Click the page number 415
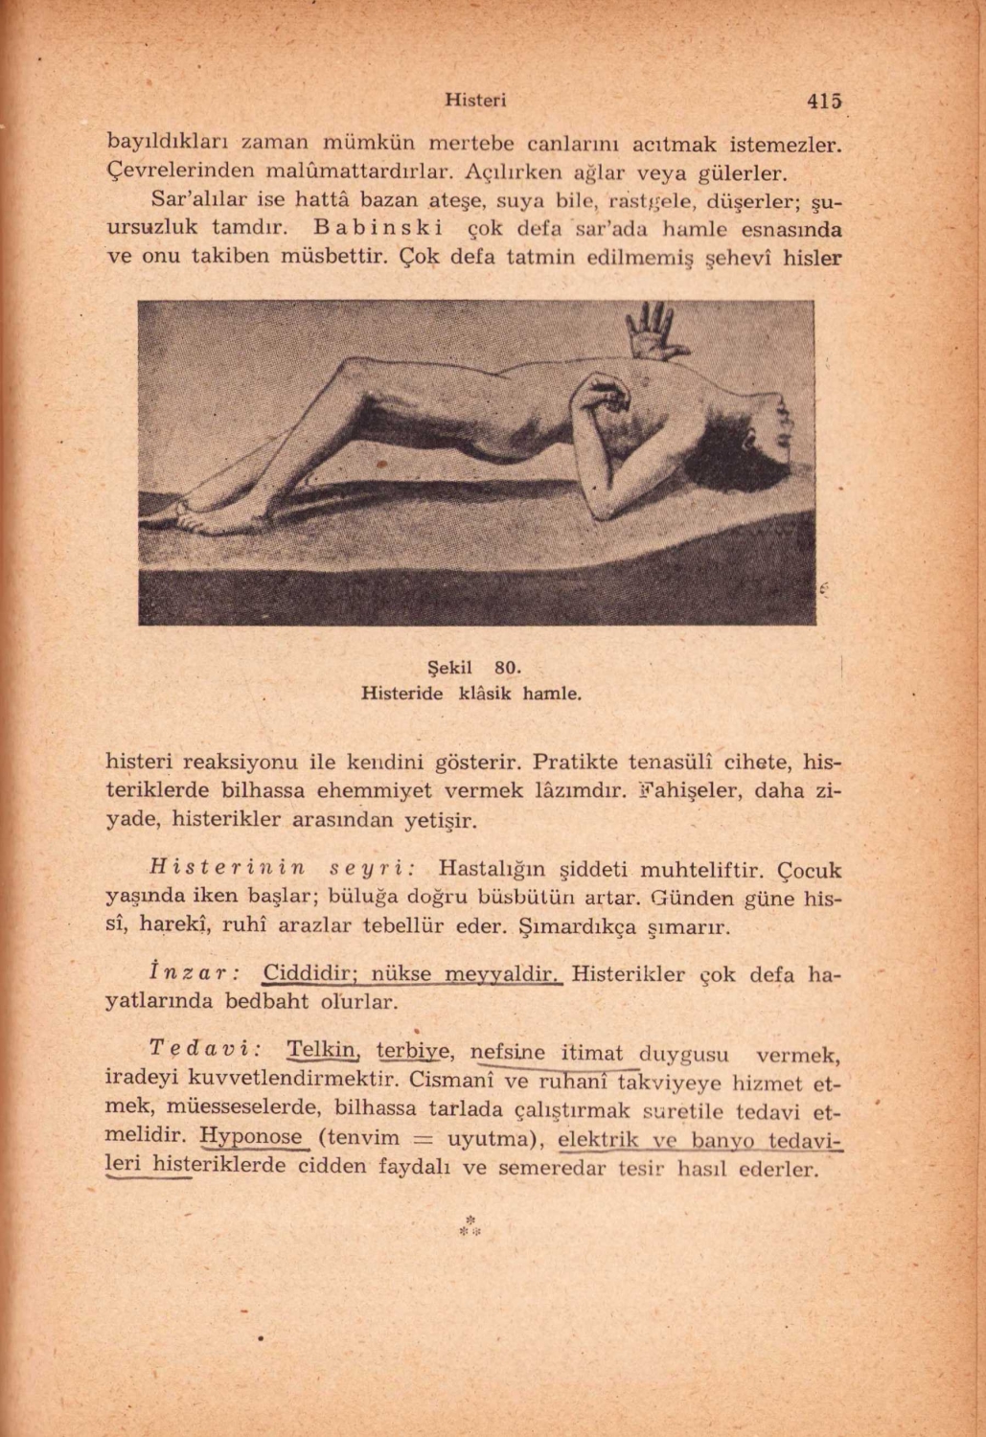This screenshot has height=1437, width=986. tap(823, 100)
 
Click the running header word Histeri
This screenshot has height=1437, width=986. tap(476, 100)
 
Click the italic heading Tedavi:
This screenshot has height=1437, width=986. tap(207, 1049)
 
